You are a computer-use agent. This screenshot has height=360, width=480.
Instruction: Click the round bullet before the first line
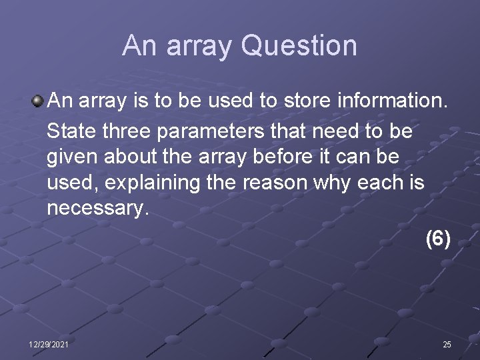pos(38,101)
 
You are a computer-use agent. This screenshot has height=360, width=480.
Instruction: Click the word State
pos(72,131)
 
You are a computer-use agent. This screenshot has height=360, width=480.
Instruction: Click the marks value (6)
pos(438,239)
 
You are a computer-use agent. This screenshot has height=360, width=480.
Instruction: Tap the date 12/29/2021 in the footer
pos(48,344)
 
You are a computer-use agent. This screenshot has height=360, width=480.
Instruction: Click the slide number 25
pos(447,344)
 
